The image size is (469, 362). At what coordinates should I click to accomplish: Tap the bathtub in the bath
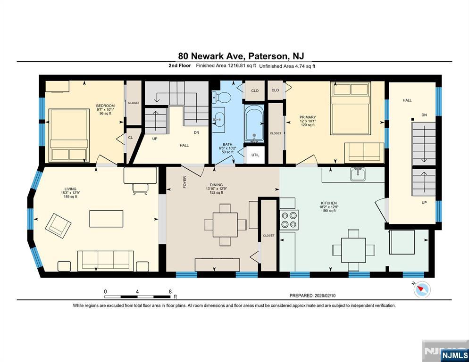254,123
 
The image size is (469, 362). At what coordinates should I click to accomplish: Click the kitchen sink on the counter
358,174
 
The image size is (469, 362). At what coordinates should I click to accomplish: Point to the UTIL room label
255,155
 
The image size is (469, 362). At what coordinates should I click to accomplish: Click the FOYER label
184,182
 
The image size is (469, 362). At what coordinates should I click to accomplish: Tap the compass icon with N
422,289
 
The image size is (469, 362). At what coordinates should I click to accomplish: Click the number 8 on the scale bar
170,291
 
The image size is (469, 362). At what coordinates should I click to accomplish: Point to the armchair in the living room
58,226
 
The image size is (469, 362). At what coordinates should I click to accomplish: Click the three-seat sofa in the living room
105,261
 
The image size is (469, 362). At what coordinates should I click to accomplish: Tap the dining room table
225,225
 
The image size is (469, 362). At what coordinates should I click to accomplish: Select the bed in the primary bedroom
350,108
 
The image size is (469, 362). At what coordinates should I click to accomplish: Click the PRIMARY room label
308,117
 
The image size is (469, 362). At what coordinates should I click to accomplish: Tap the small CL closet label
130,138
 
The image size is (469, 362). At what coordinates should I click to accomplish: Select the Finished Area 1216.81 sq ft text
226,66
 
